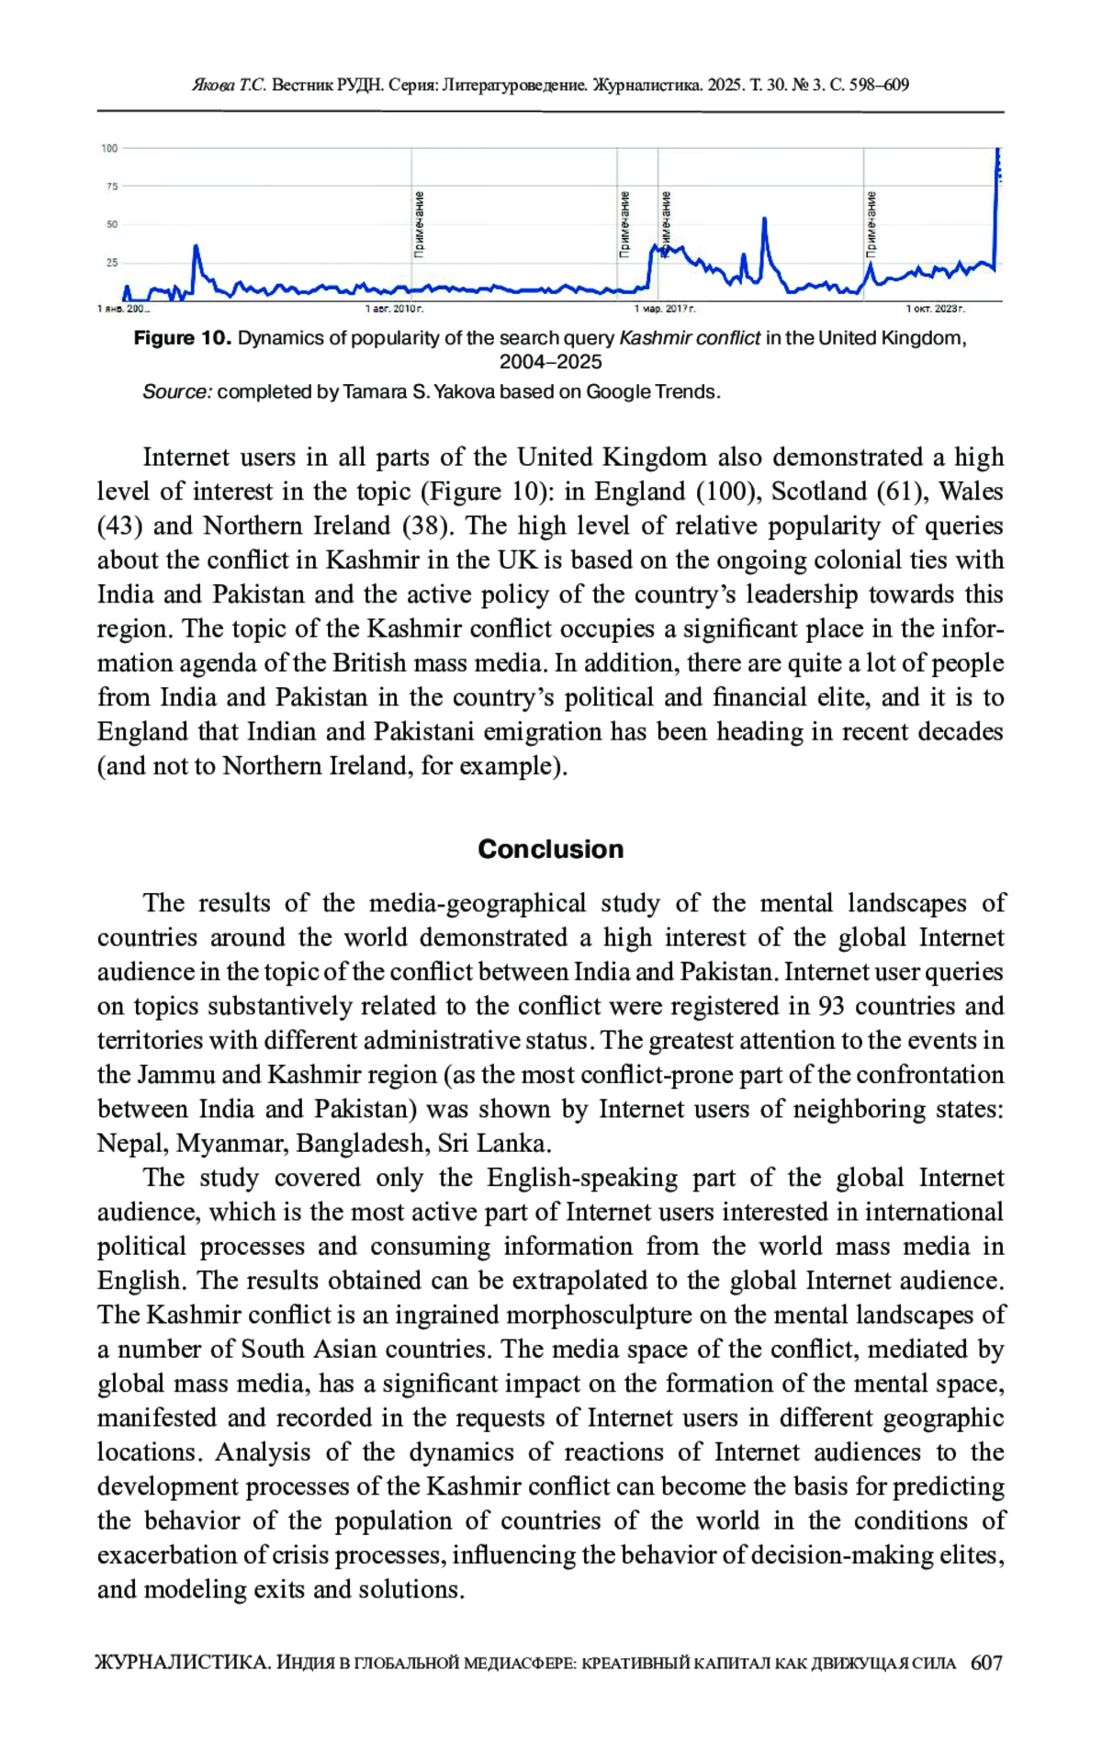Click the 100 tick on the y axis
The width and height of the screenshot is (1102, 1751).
[109, 148]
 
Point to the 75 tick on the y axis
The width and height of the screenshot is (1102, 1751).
[111, 186]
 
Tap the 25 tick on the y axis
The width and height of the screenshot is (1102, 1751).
[111, 263]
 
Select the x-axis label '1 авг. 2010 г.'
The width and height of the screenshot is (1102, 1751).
[394, 309]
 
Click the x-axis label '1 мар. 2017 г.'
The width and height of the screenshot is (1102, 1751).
[666, 309]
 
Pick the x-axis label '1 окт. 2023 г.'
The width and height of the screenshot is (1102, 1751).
[935, 309]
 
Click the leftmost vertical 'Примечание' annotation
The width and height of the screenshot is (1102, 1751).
[420, 223]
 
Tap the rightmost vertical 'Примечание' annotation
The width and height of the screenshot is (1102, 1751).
[871, 223]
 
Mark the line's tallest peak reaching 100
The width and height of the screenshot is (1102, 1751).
[998, 150]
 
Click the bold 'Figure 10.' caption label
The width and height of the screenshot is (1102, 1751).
[182, 338]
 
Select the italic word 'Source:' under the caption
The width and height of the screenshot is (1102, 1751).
[177, 392]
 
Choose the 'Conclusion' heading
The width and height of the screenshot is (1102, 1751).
[550, 849]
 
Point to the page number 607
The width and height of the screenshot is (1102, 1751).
[985, 1663]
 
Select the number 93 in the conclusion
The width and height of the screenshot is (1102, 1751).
[831, 1006]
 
